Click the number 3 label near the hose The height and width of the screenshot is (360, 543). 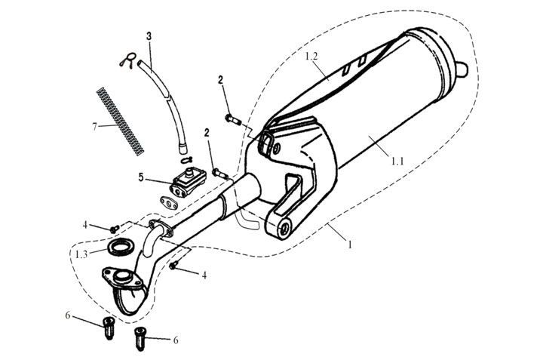pos(149,36)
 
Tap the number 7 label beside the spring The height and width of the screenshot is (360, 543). pos(95,126)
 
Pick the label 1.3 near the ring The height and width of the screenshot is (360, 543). pos(80,254)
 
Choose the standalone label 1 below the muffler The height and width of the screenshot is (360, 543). pos(349,244)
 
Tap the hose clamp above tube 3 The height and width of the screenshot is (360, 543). pos(130,61)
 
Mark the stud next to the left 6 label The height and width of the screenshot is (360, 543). pos(108,327)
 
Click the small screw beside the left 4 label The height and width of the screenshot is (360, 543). pos(115,228)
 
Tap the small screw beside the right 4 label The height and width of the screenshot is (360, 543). pos(174,266)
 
